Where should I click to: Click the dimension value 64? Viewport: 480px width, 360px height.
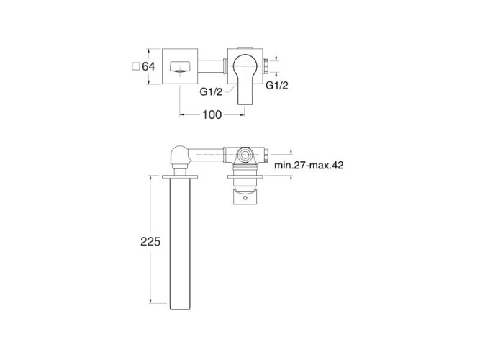pyautogui.click(x=148, y=66)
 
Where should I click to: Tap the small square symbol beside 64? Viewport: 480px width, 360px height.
pyautogui.click(x=135, y=66)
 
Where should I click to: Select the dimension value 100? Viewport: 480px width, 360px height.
pyautogui.click(x=212, y=114)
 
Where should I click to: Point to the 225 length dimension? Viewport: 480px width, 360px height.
pyautogui.click(x=150, y=241)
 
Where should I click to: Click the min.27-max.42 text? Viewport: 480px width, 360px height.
pyautogui.click(x=309, y=165)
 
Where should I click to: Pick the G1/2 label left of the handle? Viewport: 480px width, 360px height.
pyautogui.click(x=211, y=91)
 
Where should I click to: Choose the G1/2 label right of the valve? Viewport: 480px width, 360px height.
pyautogui.click(x=277, y=85)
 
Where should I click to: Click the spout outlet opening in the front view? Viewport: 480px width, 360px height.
pyautogui.click(x=180, y=66)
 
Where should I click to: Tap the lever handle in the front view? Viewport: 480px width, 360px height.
pyautogui.click(x=244, y=79)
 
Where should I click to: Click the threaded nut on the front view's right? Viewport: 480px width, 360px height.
pyautogui.click(x=266, y=66)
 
